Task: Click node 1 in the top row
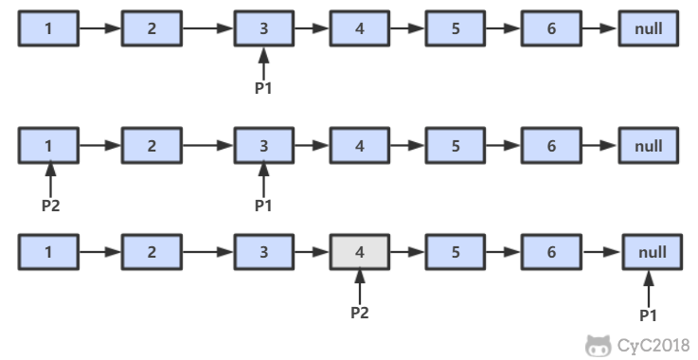point(48,28)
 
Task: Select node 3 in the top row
point(263,28)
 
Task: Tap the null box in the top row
point(649,28)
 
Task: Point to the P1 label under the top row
point(263,87)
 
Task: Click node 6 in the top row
point(551,28)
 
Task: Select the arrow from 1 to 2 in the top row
point(99,28)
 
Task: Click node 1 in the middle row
point(48,146)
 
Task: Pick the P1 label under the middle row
point(263,205)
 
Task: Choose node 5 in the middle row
point(456,146)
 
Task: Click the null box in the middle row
point(649,146)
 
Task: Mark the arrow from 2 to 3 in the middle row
point(207,146)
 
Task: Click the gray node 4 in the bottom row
point(359,253)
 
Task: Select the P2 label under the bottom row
point(359,312)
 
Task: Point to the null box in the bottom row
point(649,253)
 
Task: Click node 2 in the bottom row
point(152,253)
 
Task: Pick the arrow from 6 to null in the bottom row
point(600,253)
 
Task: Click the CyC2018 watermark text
point(653,345)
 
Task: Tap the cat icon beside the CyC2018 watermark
point(599,345)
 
